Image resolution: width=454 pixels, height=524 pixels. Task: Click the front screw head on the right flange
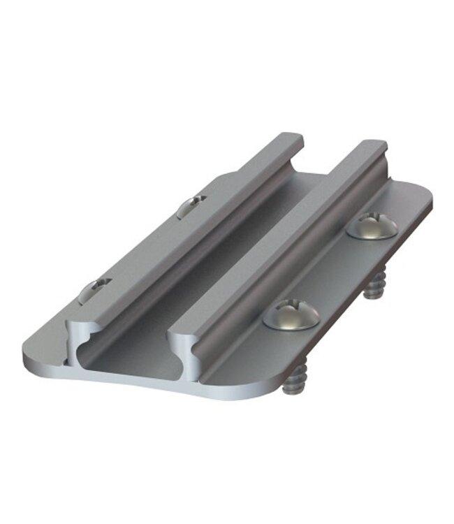[291, 315]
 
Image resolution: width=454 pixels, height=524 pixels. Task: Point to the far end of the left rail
[288, 138]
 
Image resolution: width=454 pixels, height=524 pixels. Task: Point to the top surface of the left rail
[189, 231]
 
